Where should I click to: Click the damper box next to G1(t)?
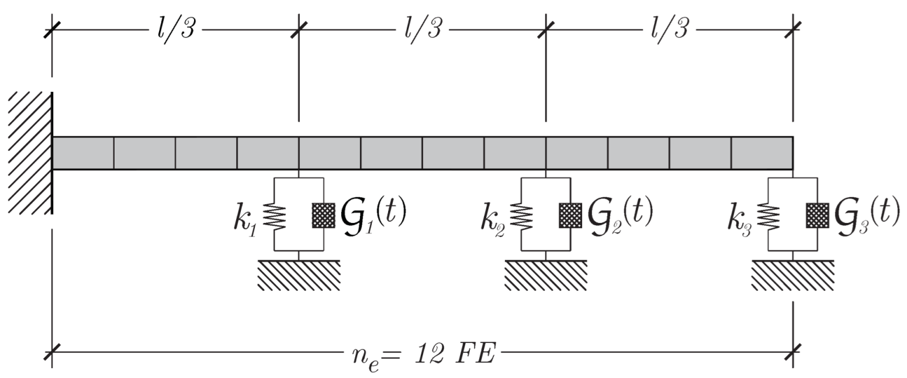tap(323, 215)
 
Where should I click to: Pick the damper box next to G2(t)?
tap(570, 215)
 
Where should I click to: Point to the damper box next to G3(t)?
tap(817, 215)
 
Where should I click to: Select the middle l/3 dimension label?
tap(423, 29)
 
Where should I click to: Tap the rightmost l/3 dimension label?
tap(669, 29)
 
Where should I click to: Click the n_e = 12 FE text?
tap(421, 355)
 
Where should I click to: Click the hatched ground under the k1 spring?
tap(299, 275)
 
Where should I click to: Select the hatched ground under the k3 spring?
tap(792, 275)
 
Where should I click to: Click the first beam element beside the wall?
tap(83, 153)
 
